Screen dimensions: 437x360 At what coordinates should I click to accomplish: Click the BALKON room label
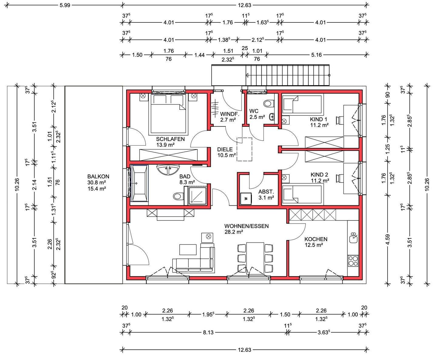(x=98, y=176)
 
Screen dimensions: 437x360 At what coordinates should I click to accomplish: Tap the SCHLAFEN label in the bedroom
(x=170, y=139)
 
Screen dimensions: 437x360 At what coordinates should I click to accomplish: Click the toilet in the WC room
(x=269, y=103)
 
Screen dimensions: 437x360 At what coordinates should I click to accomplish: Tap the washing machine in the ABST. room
(x=246, y=198)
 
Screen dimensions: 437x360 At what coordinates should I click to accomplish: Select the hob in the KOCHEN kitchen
(x=353, y=261)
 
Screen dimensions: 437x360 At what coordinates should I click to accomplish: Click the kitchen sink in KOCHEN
(x=353, y=237)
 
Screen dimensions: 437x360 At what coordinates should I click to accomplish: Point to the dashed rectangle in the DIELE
(x=244, y=149)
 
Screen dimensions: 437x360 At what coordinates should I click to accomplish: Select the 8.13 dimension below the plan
(x=208, y=332)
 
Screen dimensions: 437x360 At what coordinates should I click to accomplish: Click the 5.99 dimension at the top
(x=65, y=5)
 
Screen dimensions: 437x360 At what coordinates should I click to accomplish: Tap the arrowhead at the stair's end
(x=247, y=75)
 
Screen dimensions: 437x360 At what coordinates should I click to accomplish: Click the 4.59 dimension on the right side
(x=388, y=240)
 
